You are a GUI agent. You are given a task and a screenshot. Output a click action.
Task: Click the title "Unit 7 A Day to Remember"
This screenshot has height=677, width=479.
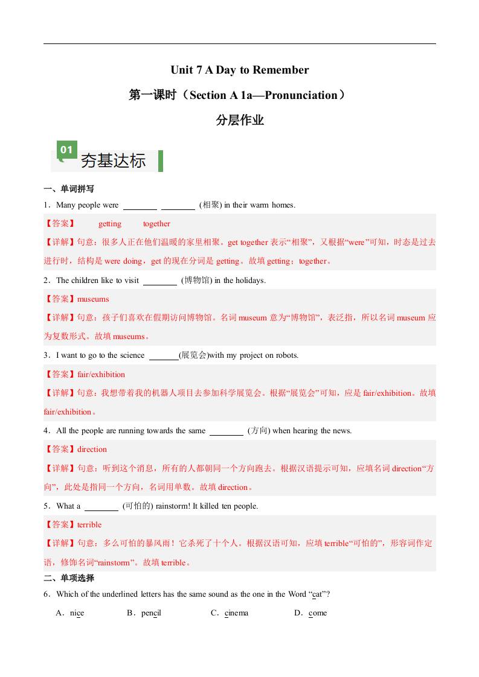click(x=239, y=70)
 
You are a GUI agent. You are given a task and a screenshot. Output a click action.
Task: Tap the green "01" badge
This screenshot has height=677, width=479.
click(x=67, y=150)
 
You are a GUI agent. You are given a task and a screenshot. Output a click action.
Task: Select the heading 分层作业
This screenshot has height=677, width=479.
click(x=240, y=120)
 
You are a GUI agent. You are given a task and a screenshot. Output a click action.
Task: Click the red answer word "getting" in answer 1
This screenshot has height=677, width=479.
click(x=110, y=224)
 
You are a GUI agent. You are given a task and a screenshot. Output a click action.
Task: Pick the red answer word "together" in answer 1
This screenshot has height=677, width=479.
click(x=156, y=224)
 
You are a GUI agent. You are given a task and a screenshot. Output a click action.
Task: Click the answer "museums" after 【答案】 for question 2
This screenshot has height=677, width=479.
click(x=93, y=299)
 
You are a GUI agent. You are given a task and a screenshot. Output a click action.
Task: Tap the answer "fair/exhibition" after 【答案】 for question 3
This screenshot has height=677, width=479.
click(x=101, y=375)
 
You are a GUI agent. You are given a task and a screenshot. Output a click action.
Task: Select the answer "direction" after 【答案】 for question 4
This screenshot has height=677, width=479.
click(x=92, y=450)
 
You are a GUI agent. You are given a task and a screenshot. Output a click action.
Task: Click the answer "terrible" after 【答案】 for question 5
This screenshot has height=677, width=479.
click(x=89, y=525)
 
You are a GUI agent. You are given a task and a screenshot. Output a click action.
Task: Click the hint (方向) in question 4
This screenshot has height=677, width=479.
click(x=259, y=431)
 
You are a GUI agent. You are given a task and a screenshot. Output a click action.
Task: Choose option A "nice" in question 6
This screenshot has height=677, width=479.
click(x=77, y=613)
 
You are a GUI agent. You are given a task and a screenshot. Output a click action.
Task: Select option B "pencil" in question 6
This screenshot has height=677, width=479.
click(x=151, y=613)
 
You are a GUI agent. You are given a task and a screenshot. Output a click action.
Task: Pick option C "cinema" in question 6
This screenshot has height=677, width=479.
click(x=236, y=613)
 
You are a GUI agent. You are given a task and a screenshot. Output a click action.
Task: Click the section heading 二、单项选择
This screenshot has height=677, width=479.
click(x=69, y=578)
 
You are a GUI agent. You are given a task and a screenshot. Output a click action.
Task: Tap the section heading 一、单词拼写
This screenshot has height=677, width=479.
click(x=69, y=189)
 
